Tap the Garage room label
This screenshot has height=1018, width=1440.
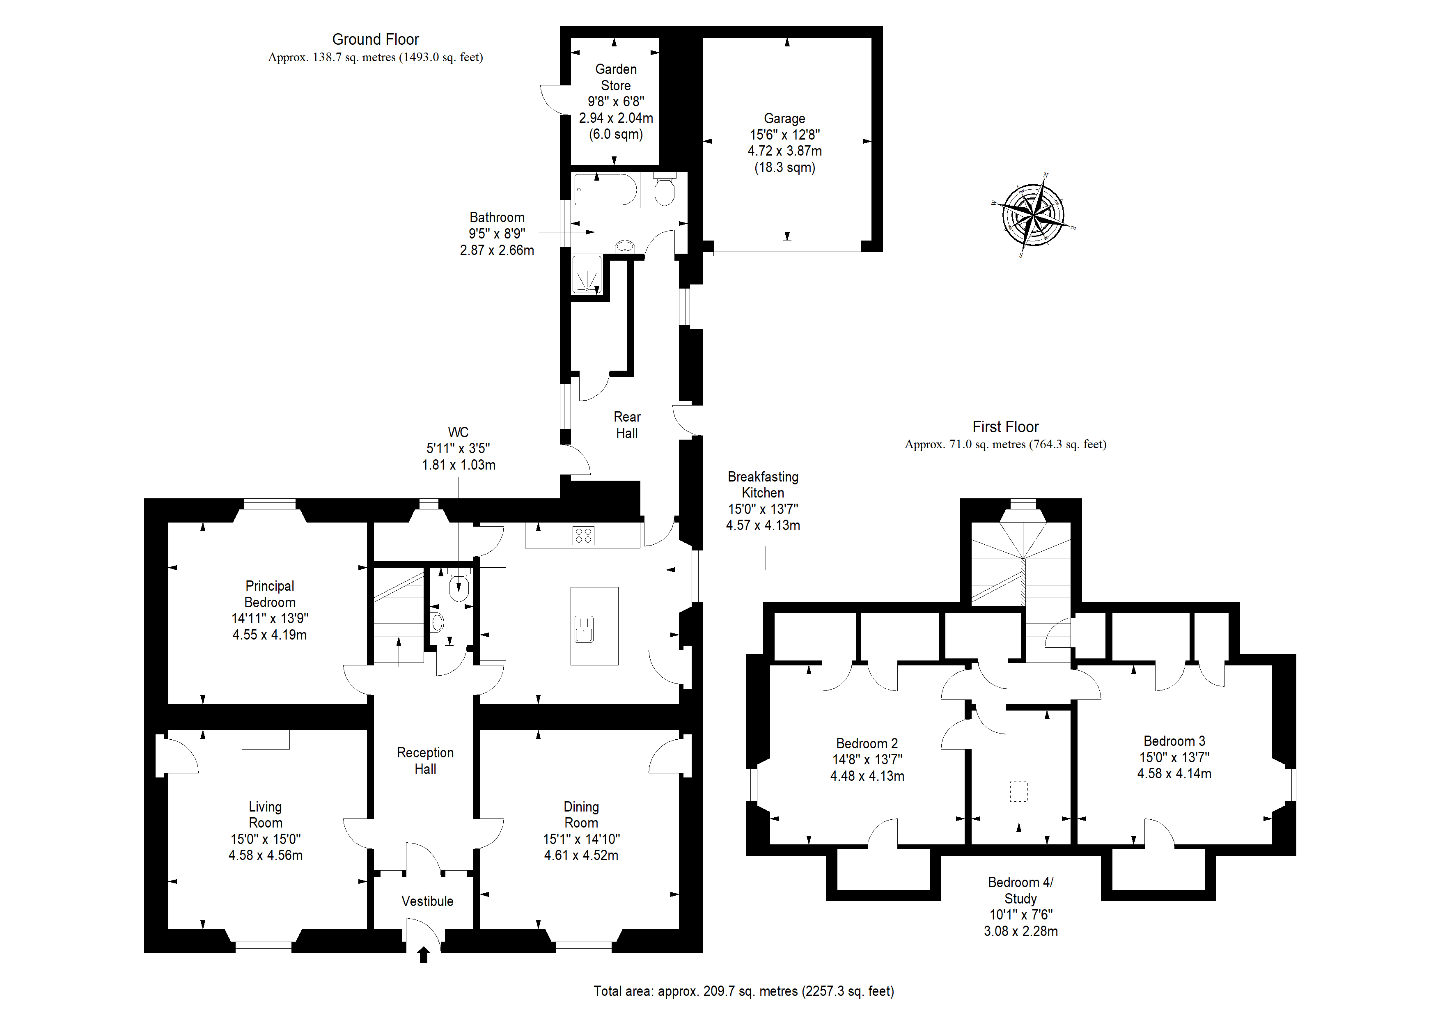(784, 119)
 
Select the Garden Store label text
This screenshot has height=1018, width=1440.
(616, 77)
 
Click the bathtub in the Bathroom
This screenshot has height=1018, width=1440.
(606, 190)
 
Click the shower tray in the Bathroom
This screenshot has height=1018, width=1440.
(587, 274)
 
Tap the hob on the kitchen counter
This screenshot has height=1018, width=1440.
(583, 535)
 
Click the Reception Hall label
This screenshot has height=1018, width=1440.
(425, 761)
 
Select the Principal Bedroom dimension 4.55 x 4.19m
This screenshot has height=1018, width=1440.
(270, 635)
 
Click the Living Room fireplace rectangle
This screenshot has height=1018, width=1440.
(266, 740)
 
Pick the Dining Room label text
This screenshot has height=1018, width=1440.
(581, 815)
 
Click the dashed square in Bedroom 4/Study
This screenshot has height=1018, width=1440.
(1018, 791)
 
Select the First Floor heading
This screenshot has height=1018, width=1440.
(1005, 427)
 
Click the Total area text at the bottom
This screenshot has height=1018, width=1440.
(744, 991)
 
